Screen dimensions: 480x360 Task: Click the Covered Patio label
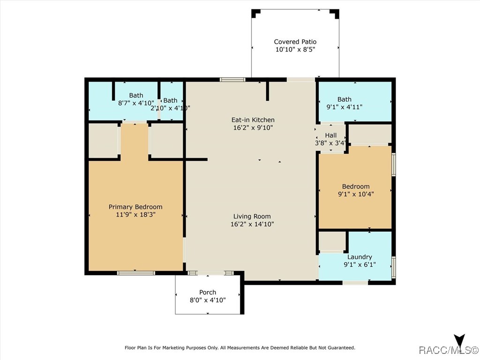[295, 42]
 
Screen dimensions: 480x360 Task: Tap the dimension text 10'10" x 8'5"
[295, 49]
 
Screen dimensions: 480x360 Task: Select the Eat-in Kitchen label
[253, 120]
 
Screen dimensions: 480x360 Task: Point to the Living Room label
[252, 217]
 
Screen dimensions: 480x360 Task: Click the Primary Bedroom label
[135, 207]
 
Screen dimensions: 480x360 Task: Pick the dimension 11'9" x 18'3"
[135, 215]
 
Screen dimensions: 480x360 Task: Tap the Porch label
[208, 292]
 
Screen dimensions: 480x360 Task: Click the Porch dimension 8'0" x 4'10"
[208, 300]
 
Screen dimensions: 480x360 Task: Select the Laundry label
[360, 257]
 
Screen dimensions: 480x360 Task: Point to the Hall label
[330, 135]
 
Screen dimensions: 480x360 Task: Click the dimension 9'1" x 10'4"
[356, 194]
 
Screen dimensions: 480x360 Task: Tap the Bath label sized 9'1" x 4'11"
[345, 99]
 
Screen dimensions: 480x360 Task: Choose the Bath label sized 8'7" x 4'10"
[136, 96]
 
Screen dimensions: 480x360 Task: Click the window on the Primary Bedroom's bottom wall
[136, 273]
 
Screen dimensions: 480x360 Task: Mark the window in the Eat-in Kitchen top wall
[232, 80]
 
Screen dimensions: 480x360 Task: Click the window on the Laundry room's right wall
[394, 267]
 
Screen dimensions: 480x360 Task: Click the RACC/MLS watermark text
[448, 350]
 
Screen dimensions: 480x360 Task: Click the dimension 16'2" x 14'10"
[252, 224]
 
